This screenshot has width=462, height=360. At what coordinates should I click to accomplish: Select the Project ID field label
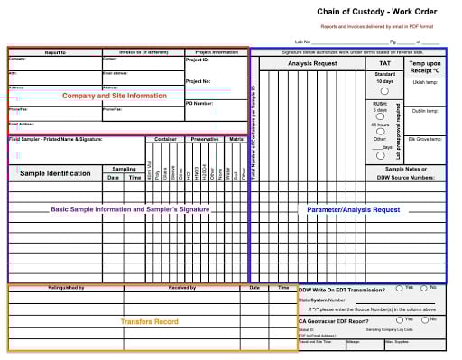199,60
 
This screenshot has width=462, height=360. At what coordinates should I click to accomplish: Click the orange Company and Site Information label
114,95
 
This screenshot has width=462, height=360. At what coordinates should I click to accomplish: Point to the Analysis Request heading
312,64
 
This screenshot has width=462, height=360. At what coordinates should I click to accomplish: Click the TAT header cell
384,64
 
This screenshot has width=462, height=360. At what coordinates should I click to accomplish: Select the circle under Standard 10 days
384,91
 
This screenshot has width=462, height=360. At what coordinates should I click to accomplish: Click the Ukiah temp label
425,82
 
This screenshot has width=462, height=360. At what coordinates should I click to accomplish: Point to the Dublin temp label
425,111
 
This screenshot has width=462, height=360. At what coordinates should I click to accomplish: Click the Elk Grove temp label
424,139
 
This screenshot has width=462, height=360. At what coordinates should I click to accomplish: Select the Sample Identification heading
55,173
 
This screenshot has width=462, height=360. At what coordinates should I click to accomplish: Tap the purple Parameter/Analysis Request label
353,209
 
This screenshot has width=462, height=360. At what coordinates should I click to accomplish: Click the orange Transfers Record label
149,321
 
